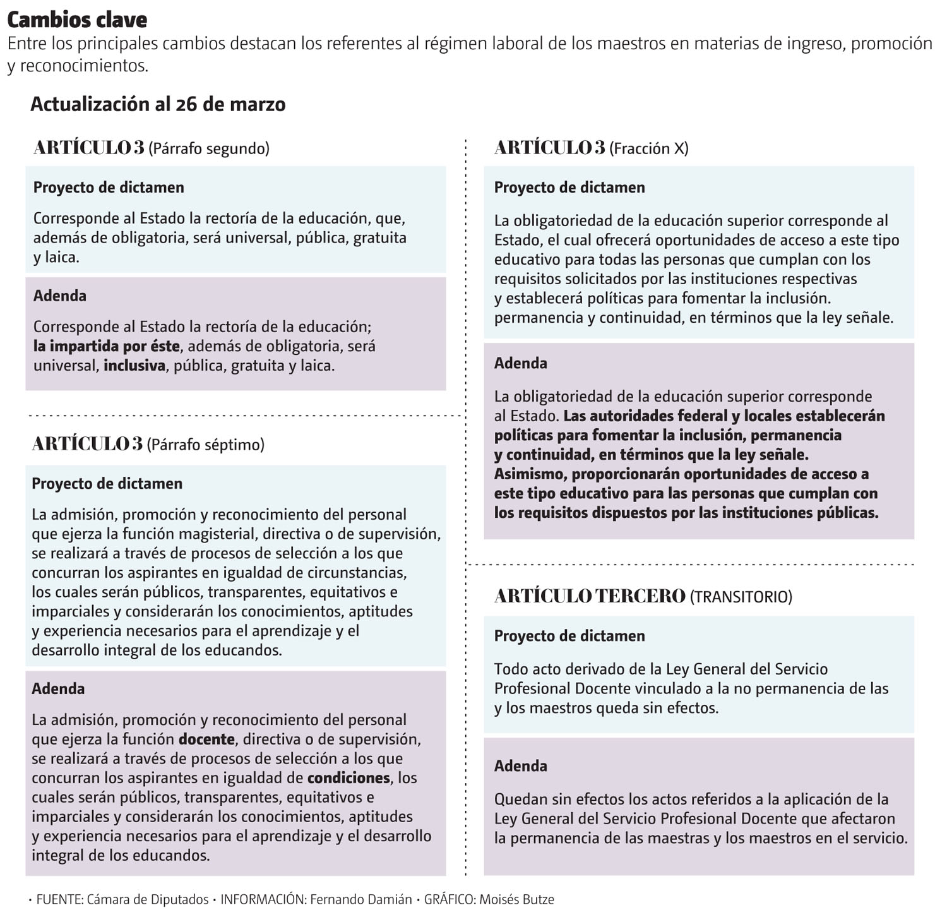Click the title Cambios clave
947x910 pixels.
[x=77, y=20]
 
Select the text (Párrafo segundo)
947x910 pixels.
[x=209, y=148]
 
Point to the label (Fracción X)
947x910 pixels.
[x=649, y=148]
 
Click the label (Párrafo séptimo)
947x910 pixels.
[x=206, y=445]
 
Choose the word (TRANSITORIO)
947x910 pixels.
[x=741, y=597]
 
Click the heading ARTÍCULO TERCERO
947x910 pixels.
[x=590, y=596]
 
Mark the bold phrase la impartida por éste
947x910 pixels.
[x=107, y=346]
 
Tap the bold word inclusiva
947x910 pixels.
[x=134, y=366]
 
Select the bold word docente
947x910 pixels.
[x=206, y=739]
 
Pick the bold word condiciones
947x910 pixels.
[x=348, y=778]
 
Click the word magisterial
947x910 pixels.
[x=218, y=534]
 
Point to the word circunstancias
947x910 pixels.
[x=357, y=573]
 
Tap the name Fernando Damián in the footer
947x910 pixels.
[x=361, y=899]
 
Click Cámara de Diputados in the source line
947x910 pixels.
[x=147, y=899]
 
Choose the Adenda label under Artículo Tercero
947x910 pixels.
[x=521, y=766]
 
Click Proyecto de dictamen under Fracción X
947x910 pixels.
[x=569, y=188]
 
